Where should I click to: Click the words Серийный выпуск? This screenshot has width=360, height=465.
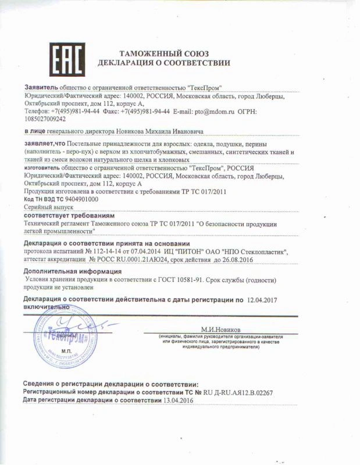coord(47,207)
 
